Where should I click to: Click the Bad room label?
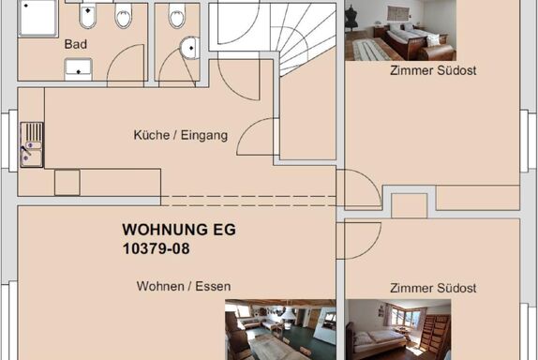(76, 44)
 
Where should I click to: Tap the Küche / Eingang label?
(181, 135)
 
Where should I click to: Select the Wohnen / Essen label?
(184, 286)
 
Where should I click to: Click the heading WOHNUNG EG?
(179, 230)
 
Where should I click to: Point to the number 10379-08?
(157, 248)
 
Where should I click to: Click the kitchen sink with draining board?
(32, 144)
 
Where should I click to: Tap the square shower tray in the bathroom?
(37, 18)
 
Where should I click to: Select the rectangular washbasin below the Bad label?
(78, 69)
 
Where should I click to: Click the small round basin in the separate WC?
(189, 48)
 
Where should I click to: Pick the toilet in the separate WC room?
(177, 14)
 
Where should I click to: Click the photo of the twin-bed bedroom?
(400, 30)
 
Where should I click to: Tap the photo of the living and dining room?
(280, 329)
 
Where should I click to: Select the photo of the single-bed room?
(398, 329)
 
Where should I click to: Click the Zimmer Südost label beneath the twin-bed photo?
(433, 70)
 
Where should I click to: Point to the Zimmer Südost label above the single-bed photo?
(433, 288)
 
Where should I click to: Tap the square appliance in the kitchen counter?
(67, 182)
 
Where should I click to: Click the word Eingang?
(204, 135)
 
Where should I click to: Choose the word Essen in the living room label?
(213, 286)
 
